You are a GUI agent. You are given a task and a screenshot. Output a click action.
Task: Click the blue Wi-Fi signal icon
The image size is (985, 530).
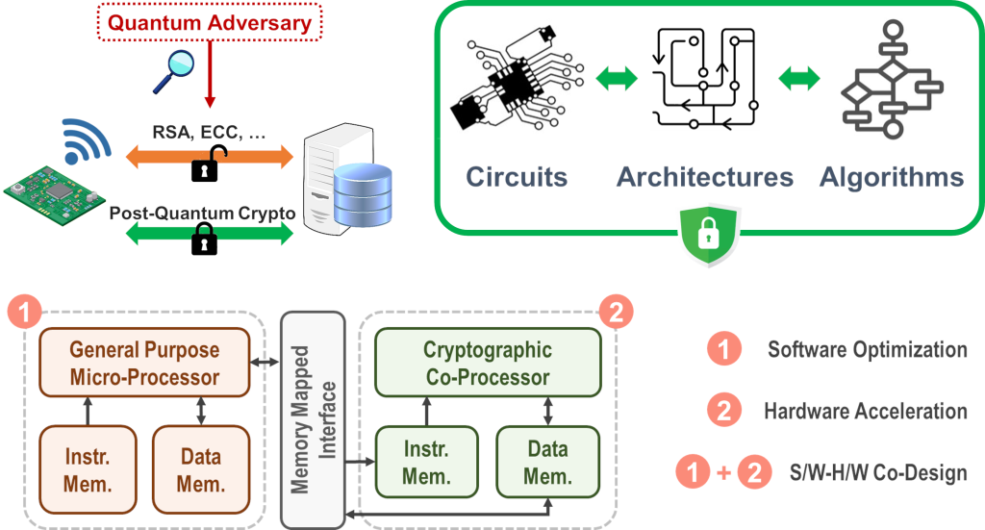point(82,141)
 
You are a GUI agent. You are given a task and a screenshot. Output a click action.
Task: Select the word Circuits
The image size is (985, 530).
point(517,177)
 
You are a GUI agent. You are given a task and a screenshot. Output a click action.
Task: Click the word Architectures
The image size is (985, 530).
point(705,177)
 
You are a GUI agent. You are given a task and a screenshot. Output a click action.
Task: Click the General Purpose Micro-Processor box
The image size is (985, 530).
point(144,364)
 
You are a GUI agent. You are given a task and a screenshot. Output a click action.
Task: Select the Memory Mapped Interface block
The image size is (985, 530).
point(313,414)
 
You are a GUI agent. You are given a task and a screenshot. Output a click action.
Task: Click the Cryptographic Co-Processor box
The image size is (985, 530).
point(488,364)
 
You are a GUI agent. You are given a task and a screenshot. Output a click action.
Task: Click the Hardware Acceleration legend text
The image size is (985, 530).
point(866,412)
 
